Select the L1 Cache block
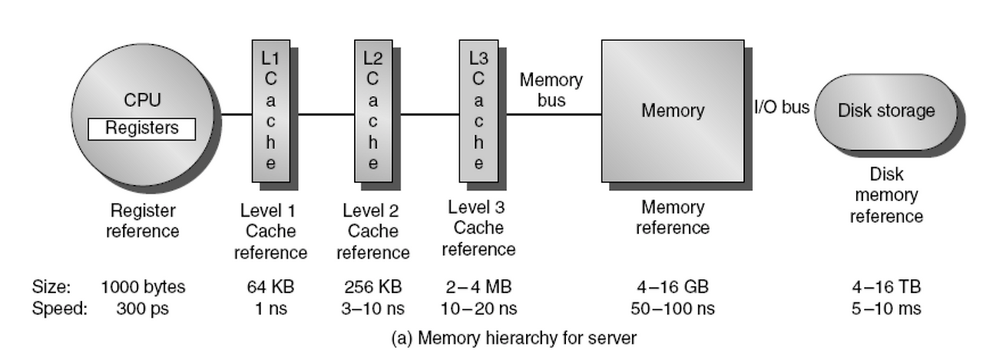(271, 111)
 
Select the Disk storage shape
(887, 111)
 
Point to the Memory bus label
(551, 90)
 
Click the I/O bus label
(781, 107)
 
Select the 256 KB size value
(373, 288)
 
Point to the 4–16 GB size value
(673, 288)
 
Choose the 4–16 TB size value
(885, 288)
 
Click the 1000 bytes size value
(143, 288)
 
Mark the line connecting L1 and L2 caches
(323, 115)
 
